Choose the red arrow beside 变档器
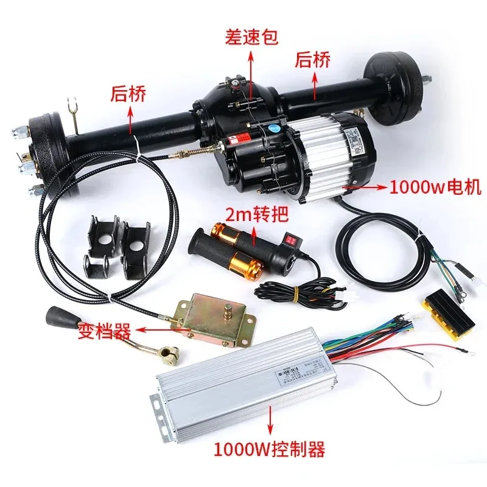point(155,331)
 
